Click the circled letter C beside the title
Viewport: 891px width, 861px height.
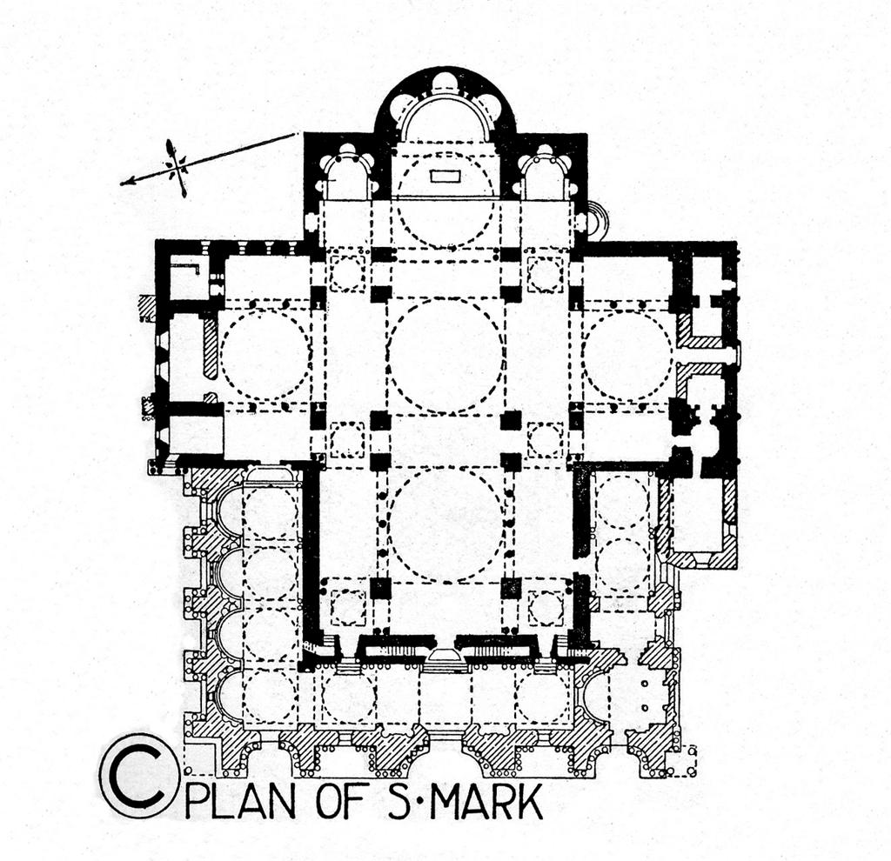point(139,774)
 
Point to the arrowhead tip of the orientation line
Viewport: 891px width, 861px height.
point(124,183)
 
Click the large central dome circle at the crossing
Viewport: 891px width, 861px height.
point(445,355)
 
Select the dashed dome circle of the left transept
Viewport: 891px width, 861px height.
point(265,355)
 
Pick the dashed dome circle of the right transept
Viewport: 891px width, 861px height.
point(626,355)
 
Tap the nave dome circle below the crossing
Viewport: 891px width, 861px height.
point(445,524)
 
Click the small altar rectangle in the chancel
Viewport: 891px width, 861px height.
point(445,177)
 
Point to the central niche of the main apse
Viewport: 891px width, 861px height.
point(445,84)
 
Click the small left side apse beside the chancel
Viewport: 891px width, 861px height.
point(346,174)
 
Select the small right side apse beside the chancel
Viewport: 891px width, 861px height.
point(545,174)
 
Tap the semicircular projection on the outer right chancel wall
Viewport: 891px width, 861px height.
point(596,219)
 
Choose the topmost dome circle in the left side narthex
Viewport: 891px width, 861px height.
point(269,513)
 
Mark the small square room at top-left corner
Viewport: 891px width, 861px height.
point(185,281)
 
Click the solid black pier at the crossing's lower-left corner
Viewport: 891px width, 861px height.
point(380,421)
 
